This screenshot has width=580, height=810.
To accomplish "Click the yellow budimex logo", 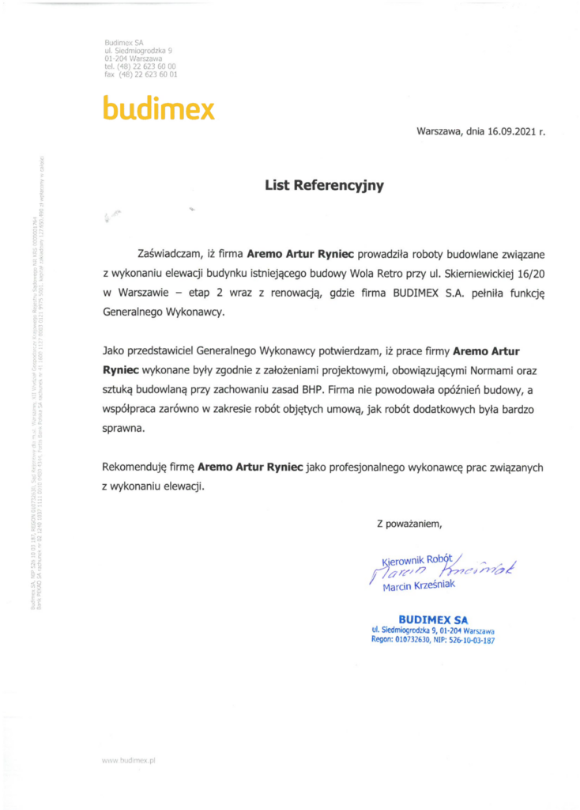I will (x=158, y=108).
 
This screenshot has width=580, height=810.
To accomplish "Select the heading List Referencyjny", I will (x=324, y=186).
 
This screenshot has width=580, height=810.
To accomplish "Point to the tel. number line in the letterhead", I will (x=140, y=66).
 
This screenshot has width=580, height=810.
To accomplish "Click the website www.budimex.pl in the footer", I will (x=129, y=759).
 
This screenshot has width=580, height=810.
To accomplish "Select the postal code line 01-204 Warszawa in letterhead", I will (x=133, y=59).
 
